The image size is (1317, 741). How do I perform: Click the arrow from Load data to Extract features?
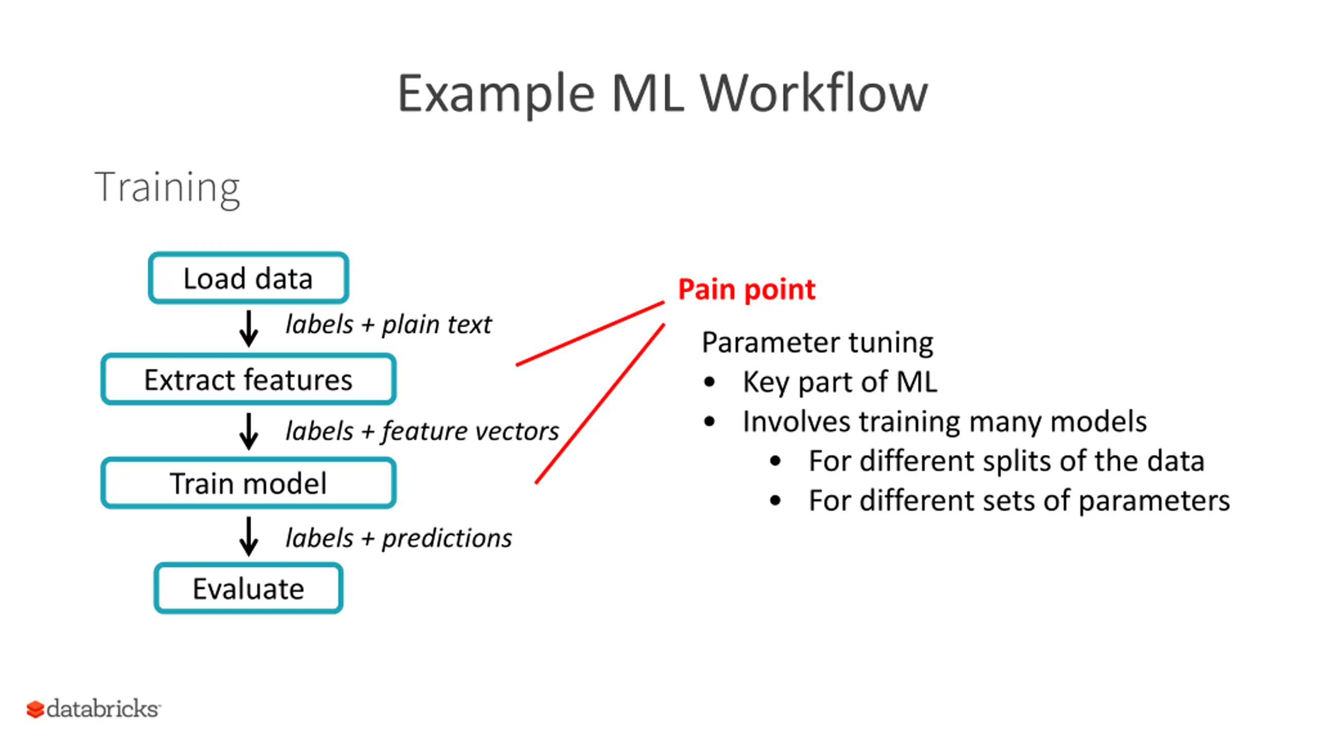click(x=248, y=328)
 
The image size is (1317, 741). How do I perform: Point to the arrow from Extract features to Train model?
click(x=248, y=431)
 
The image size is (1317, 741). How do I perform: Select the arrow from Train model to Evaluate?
click(x=248, y=536)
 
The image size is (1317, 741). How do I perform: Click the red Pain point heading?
click(x=746, y=290)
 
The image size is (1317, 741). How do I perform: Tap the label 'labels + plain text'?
click(x=388, y=325)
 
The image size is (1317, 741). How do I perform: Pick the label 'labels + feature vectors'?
click(x=422, y=431)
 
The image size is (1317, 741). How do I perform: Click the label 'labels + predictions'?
click(x=399, y=538)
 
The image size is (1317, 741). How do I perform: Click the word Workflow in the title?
click(x=814, y=93)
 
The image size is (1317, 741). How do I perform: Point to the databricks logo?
click(x=94, y=709)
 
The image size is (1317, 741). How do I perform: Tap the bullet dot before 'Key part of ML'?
click(x=709, y=382)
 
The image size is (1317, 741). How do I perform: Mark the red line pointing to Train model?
click(x=600, y=403)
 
